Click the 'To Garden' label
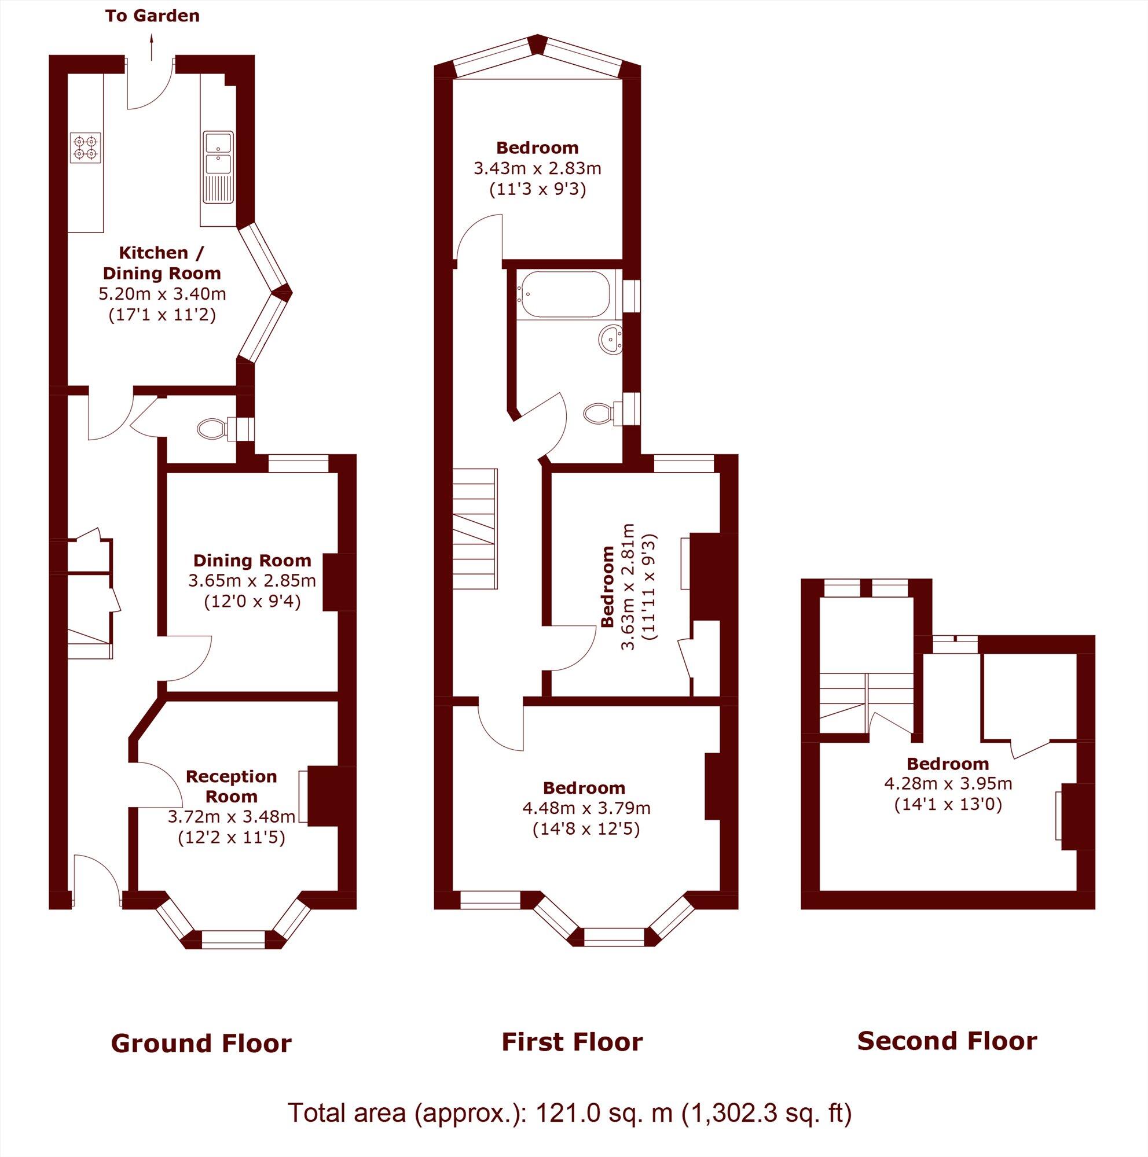152,16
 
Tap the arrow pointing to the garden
152,47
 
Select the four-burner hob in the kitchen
85,148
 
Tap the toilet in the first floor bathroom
600,412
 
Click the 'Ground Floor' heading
201,1043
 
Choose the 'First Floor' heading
571,1042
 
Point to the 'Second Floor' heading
947,1041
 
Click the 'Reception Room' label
231,786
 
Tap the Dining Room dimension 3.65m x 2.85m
252,580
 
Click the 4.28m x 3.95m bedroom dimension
948,783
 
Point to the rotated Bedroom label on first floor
607,586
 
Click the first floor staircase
475,529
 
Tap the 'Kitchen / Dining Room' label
162,263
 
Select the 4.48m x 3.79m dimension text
586,808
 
